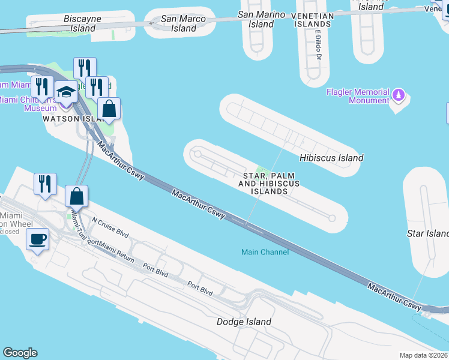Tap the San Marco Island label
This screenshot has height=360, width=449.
pyautogui.click(x=184, y=23)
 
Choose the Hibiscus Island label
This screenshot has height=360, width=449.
pyautogui.click(x=331, y=158)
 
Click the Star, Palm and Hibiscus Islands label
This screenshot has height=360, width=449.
pyautogui.click(x=262, y=184)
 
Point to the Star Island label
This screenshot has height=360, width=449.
pyautogui.click(x=427, y=233)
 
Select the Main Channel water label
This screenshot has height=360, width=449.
pyautogui.click(x=265, y=252)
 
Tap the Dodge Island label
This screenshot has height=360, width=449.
pyautogui.click(x=244, y=322)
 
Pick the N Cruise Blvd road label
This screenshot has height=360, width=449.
pyautogui.click(x=110, y=224)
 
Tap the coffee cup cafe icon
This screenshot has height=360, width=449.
pyautogui.click(x=38, y=239)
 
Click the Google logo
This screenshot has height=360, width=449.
pyautogui.click(x=20, y=353)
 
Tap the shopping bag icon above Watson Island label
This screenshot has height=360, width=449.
pyautogui.click(x=109, y=109)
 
